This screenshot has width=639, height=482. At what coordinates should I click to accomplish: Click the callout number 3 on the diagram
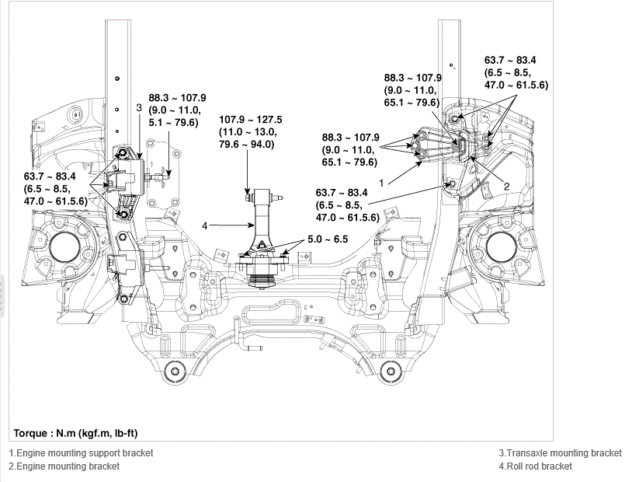pos(139,108)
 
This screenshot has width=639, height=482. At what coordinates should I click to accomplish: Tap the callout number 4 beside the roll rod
pos(204,225)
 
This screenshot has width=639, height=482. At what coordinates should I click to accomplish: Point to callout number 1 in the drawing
pos(381,183)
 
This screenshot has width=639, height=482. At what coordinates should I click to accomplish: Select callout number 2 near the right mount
pos(506,187)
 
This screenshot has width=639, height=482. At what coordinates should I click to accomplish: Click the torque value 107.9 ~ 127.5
pos(250,120)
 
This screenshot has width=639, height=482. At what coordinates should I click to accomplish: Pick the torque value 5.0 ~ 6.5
pos(328,239)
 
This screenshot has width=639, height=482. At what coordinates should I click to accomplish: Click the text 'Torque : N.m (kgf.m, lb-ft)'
pos(75,433)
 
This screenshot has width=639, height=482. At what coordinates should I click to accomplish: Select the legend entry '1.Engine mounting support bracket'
pos(81,453)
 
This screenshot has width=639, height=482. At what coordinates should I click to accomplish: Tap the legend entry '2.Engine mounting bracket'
pos(64,466)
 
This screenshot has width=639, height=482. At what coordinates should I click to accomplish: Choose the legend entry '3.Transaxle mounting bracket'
pos(561,453)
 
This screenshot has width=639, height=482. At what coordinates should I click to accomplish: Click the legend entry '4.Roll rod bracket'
pos(536,466)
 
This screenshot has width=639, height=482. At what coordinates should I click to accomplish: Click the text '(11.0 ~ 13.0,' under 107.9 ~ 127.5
pos(248,132)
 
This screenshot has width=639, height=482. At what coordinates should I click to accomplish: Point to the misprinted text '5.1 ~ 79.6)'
pos(174,122)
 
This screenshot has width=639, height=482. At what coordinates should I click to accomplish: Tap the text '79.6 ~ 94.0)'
pos(247,145)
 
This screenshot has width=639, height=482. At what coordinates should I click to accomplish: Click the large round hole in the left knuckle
pos(64,250)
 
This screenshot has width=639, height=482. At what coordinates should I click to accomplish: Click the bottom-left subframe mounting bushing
pos(175,372)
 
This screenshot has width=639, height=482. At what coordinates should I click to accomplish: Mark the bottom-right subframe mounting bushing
pos(391,372)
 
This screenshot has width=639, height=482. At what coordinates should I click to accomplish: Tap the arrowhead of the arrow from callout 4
pos(252,225)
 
